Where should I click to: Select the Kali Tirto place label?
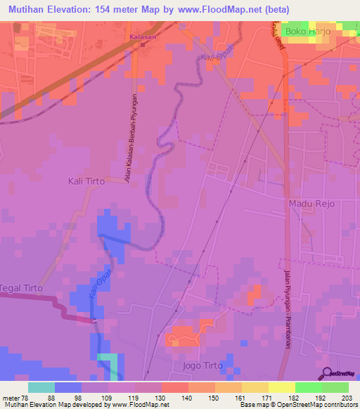pos(86,181)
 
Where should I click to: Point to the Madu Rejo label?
pos(313,203)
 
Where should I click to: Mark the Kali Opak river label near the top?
pos(216,50)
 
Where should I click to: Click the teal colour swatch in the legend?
pos(41,387)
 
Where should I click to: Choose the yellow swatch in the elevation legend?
pos(282,387)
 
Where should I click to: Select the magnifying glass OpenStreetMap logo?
pos(326,373)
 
